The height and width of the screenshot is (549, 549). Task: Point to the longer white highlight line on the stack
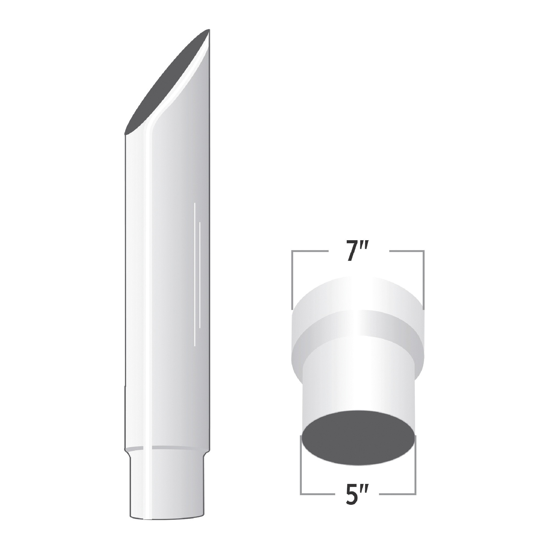coord(194,274)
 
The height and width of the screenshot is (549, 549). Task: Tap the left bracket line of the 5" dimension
coord(301,469)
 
